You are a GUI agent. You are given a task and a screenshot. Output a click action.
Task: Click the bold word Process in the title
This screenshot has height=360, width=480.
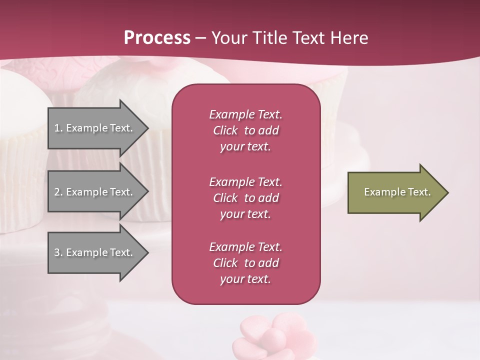157,38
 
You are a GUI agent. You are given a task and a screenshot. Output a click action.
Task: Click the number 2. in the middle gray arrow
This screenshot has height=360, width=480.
58,192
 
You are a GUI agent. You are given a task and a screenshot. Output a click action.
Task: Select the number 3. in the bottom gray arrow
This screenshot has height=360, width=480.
58,252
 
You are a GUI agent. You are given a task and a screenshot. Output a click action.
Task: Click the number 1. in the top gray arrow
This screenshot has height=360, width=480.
58,128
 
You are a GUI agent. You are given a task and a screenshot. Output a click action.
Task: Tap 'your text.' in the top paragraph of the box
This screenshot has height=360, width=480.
245,147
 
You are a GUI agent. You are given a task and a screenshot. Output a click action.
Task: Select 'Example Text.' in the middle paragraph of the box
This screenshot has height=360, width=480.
245,182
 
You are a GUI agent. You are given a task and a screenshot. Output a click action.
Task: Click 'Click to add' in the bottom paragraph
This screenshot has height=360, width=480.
245,263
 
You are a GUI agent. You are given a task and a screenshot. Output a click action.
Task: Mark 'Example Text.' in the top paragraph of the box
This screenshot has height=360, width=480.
245,114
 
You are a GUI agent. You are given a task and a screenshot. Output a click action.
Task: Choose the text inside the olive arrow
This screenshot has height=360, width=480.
397,192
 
